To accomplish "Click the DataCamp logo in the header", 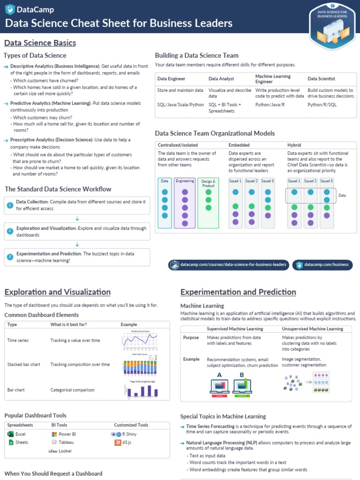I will tap(29, 9).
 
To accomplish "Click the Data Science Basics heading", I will tap(40, 43).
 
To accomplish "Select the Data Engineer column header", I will tap(171, 79).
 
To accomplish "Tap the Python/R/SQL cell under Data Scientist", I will tap(322, 105).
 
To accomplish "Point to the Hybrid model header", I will tap(294, 145).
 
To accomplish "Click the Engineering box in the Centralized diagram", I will tap(185, 181).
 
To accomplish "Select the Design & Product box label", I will tap(208, 183).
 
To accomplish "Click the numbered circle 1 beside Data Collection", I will tap(10, 205).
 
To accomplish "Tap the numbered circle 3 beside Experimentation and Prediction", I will tap(10, 257).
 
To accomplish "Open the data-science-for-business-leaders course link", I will tap(228, 265).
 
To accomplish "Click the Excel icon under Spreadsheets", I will tap(10, 434).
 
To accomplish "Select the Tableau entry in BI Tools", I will tap(66, 442).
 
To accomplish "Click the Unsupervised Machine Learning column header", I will tap(312, 329).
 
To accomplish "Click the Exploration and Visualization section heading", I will tap(57, 292).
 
